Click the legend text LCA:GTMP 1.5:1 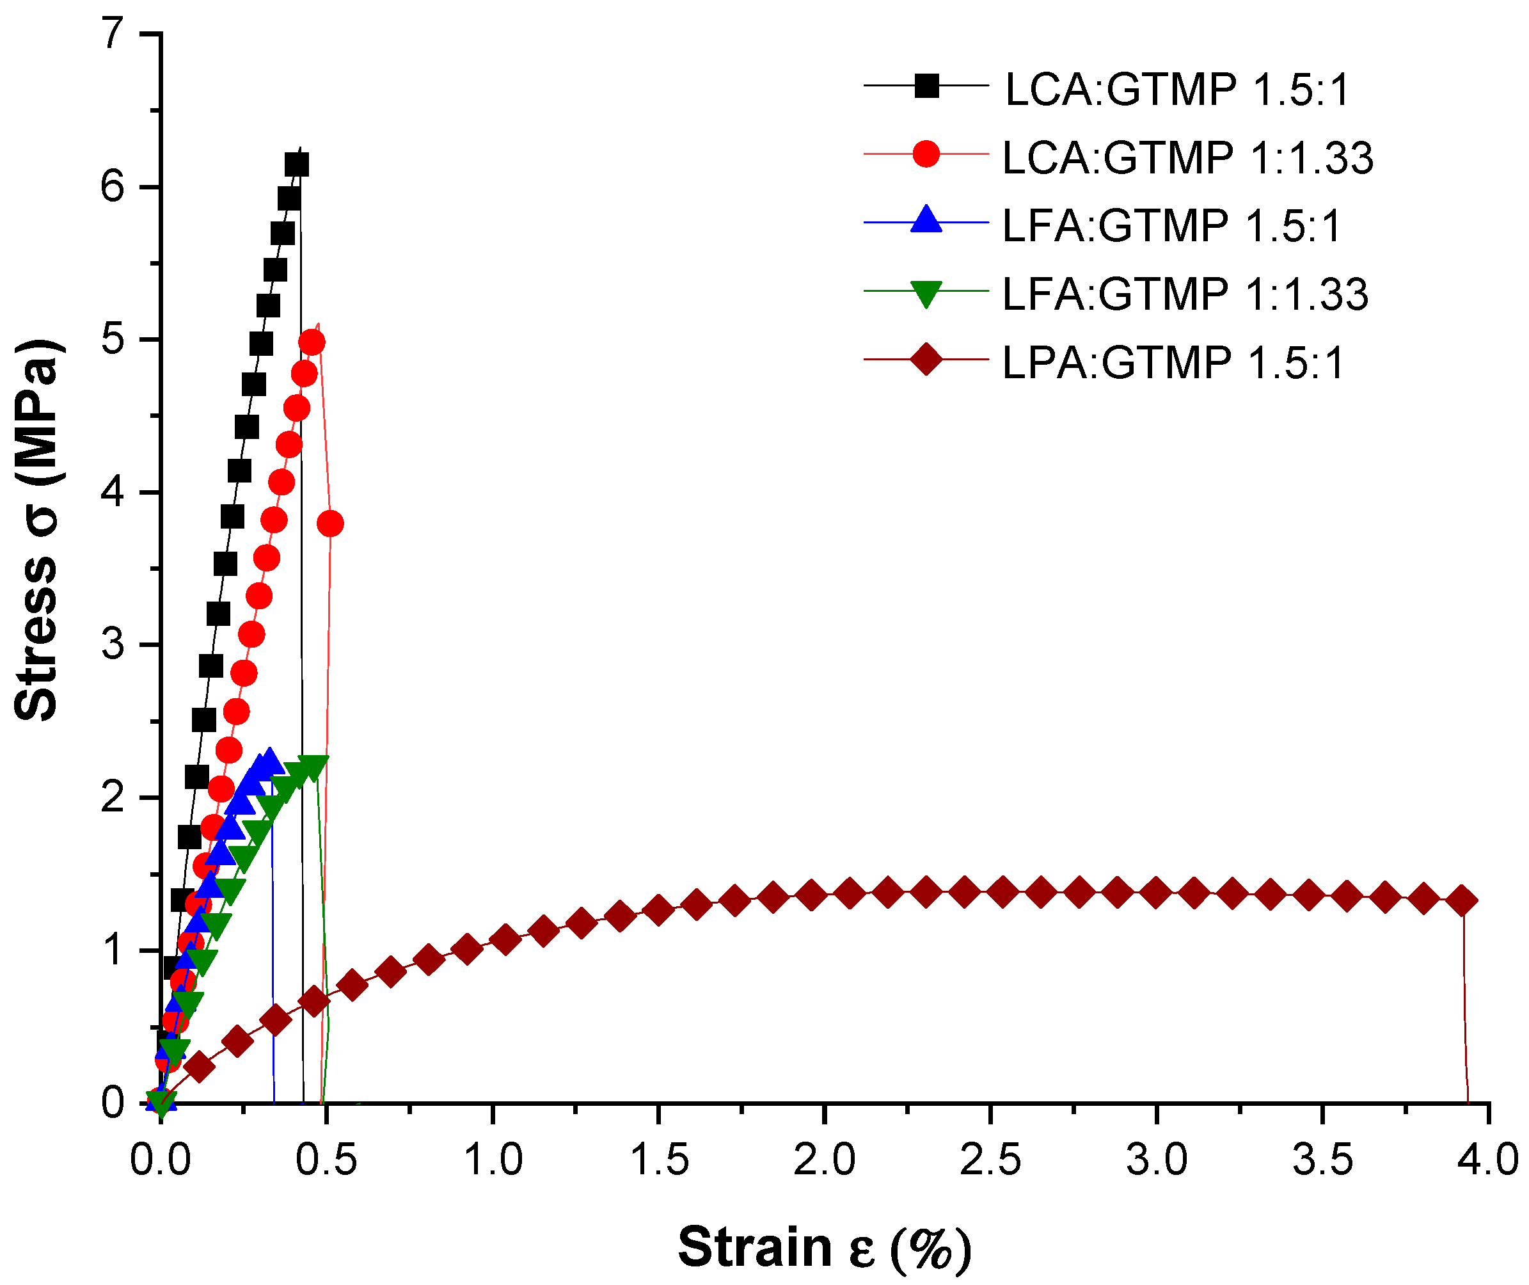[x=1176, y=90]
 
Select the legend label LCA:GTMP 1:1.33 [x=1187, y=157]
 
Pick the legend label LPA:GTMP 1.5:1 [x=1172, y=362]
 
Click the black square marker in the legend [x=926, y=86]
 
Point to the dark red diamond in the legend [x=926, y=359]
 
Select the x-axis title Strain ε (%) [x=824, y=1247]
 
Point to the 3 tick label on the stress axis [x=113, y=644]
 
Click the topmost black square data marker [x=296, y=164]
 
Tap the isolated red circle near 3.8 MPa [x=331, y=523]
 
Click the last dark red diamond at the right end [x=1462, y=901]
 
